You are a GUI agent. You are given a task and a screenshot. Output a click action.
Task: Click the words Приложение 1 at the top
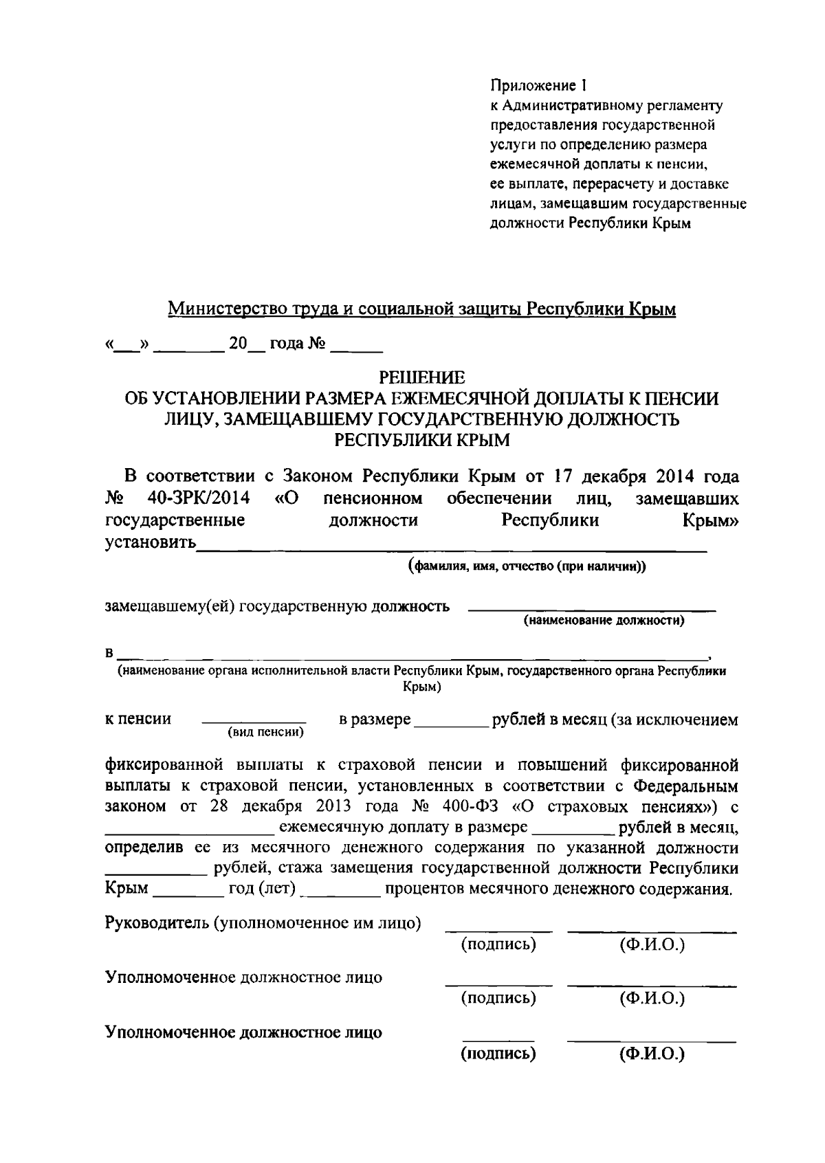pos(539,86)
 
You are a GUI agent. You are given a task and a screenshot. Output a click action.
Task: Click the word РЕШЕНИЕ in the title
pos(422,377)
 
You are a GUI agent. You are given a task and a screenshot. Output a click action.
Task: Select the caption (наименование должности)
pos(604,621)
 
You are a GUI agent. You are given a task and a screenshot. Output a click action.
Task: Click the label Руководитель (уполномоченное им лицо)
pos(263,922)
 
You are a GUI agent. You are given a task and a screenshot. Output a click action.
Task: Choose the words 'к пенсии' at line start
pos(137,719)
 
